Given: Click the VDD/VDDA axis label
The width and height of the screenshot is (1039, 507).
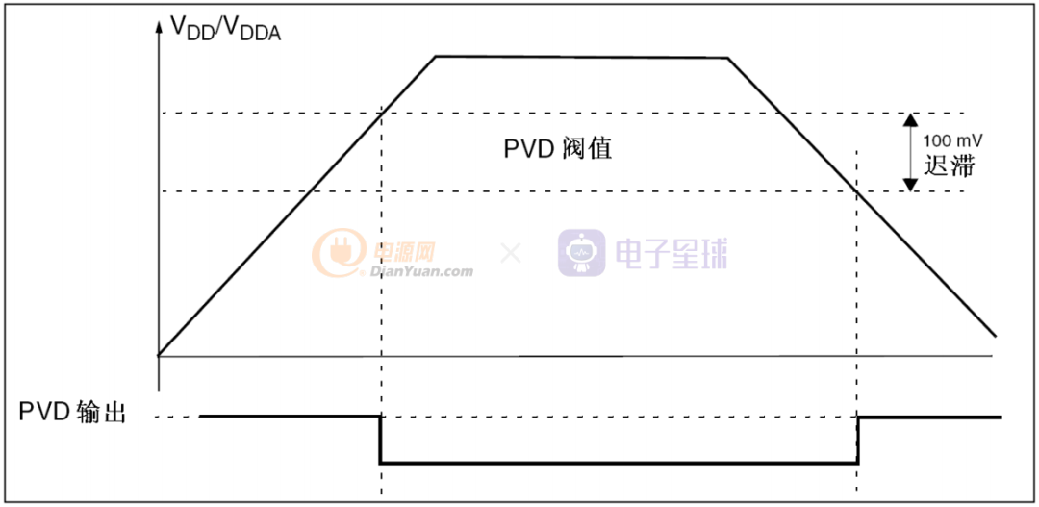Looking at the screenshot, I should click(226, 29).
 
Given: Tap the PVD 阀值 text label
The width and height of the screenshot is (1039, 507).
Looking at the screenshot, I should click(558, 150).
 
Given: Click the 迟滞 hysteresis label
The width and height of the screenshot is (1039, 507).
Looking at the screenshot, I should click(950, 165).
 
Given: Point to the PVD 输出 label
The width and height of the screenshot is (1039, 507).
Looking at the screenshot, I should click(73, 415).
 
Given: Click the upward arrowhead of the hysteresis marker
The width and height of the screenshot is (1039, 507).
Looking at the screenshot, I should click(909, 120).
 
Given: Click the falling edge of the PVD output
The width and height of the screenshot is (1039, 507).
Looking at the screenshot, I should click(381, 440).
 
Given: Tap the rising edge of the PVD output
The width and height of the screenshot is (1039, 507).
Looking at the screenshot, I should click(857, 440).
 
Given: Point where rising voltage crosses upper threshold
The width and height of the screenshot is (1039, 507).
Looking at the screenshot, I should click(382, 113).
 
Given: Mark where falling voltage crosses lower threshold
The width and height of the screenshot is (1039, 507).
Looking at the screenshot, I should click(857, 190).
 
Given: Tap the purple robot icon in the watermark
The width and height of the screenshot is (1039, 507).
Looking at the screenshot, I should click(581, 253).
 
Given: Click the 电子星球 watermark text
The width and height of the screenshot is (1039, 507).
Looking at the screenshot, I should click(671, 253).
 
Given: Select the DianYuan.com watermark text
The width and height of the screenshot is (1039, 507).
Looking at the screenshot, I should click(421, 271).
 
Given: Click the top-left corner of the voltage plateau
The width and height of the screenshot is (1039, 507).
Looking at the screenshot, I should click(436, 56).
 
